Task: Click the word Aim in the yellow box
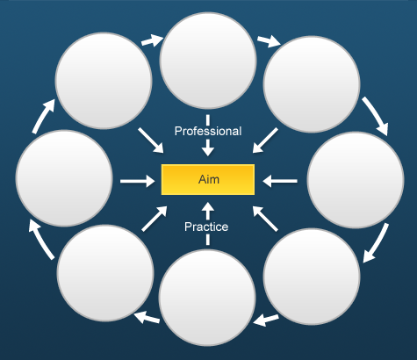(x=209, y=179)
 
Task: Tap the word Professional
(x=208, y=131)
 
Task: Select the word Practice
(x=206, y=227)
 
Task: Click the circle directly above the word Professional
(x=208, y=61)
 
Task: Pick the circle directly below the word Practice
(x=207, y=298)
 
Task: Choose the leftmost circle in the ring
(x=64, y=178)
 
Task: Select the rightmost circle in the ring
(x=356, y=180)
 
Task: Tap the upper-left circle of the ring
(x=104, y=81)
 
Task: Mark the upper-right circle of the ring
(x=312, y=84)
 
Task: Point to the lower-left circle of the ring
(x=105, y=273)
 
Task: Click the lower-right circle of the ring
(x=312, y=277)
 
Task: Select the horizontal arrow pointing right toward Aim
(x=138, y=181)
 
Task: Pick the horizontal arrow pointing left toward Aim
(x=280, y=181)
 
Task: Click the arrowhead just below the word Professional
(x=208, y=148)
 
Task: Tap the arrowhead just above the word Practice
(x=208, y=210)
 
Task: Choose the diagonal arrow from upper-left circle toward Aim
(x=151, y=140)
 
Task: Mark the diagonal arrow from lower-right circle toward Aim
(x=265, y=219)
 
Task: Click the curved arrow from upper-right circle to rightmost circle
(x=377, y=115)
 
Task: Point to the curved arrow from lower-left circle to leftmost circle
(x=40, y=239)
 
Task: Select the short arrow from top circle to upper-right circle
(x=269, y=41)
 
